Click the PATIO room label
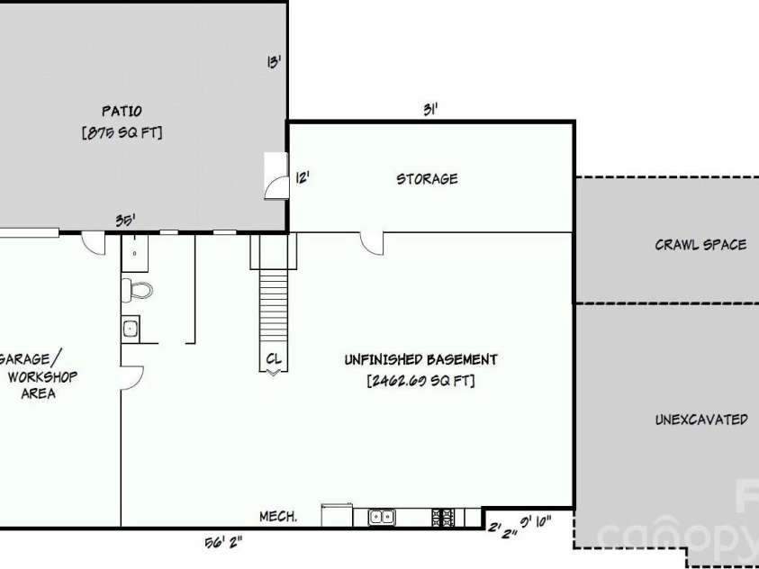coord(122,112)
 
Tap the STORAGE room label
coord(427,179)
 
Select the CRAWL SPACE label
coord(700,244)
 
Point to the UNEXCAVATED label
coord(701,419)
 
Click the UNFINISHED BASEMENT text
coord(420,359)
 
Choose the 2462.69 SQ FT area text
coord(420,380)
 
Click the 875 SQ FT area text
coord(122,132)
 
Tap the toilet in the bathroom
coord(137,290)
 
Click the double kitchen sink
coord(382,517)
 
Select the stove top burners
coord(443,517)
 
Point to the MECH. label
coord(278,516)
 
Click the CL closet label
coord(274,358)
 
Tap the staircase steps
coord(274,305)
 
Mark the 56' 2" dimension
coord(223,542)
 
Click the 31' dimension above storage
coord(430,110)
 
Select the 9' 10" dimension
coord(536,522)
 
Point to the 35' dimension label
coord(125,221)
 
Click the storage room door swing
coord(372,243)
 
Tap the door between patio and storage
coord(276,176)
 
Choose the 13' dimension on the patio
coord(274,62)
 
